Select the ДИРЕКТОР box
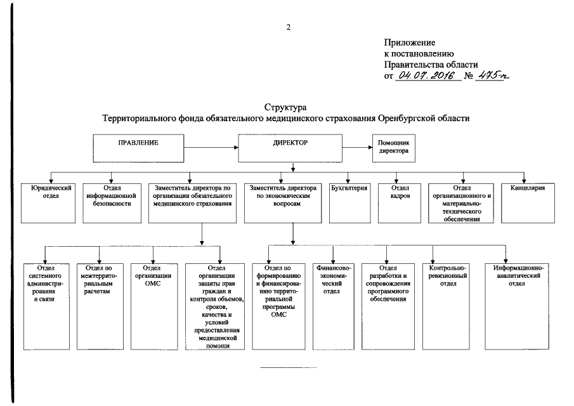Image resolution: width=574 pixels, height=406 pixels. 292,148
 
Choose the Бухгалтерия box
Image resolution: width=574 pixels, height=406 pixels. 349,203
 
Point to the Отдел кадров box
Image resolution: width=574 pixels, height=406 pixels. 398,203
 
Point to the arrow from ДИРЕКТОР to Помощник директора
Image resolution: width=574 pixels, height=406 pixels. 358,148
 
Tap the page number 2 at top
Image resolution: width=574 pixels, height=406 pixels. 289,27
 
